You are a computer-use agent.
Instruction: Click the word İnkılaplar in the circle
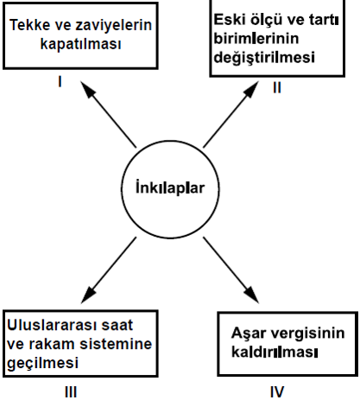pyautogui.click(x=170, y=187)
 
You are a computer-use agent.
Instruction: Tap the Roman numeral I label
pyautogui.click(x=60, y=82)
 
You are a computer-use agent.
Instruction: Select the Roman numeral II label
pyautogui.click(x=277, y=88)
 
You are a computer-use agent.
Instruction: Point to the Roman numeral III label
pyautogui.click(x=71, y=392)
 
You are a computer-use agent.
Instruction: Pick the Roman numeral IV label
pyautogui.click(x=277, y=391)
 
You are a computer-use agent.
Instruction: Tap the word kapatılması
pyautogui.click(x=80, y=44)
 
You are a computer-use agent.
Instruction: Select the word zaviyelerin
pyautogui.click(x=113, y=25)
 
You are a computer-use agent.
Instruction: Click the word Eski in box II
pyautogui.click(x=230, y=20)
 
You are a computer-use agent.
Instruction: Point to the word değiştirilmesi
pyautogui.click(x=264, y=57)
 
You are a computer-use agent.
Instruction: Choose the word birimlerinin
pyautogui.click(x=256, y=38)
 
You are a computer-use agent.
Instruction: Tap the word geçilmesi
pyautogui.click(x=42, y=363)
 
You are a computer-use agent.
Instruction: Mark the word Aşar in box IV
pyautogui.click(x=249, y=333)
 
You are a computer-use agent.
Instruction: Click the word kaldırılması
pyautogui.click(x=275, y=352)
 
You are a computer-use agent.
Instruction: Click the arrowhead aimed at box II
pyautogui.click(x=252, y=89)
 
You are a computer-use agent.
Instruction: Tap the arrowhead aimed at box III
pyautogui.click(x=87, y=295)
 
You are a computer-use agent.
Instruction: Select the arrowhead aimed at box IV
pyautogui.click(x=252, y=295)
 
